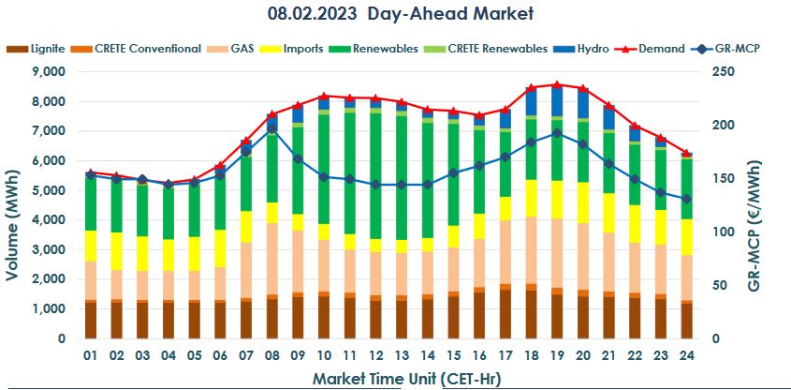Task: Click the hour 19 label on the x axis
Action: click(x=557, y=356)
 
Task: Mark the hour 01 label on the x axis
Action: click(x=90, y=356)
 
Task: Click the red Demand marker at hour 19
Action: click(x=557, y=84)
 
